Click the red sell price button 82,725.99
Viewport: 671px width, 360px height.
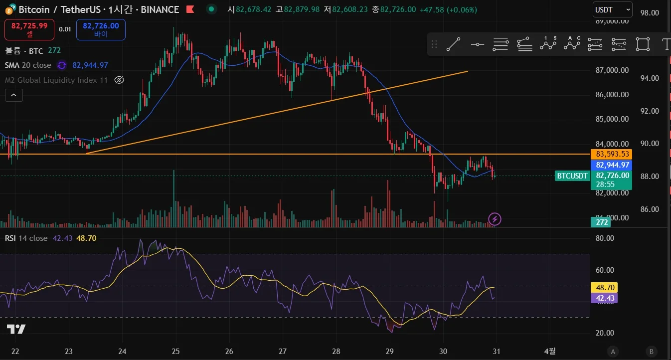pyautogui.click(x=29, y=29)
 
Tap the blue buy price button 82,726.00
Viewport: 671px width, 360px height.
pyautogui.click(x=101, y=29)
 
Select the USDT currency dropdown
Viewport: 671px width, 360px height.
pyautogui.click(x=612, y=9)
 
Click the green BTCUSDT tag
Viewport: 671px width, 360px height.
pyautogui.click(x=572, y=176)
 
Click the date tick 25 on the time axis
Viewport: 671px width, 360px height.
pyautogui.click(x=175, y=351)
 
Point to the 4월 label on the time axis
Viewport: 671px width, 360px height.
pyautogui.click(x=549, y=351)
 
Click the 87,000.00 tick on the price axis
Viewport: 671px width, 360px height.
pyautogui.click(x=612, y=70)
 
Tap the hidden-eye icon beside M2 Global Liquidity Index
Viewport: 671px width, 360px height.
pyautogui.click(x=119, y=80)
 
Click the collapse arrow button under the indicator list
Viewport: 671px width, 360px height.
pyautogui.click(x=14, y=95)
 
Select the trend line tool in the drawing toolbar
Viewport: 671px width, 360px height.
pyautogui.click(x=453, y=44)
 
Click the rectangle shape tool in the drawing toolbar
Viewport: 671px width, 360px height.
pyautogui.click(x=643, y=44)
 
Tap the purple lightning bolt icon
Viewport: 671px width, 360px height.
pyautogui.click(x=495, y=218)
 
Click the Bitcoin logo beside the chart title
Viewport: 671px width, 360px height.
pyautogui.click(x=9, y=9)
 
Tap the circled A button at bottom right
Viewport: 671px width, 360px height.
pyautogui.click(x=613, y=351)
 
